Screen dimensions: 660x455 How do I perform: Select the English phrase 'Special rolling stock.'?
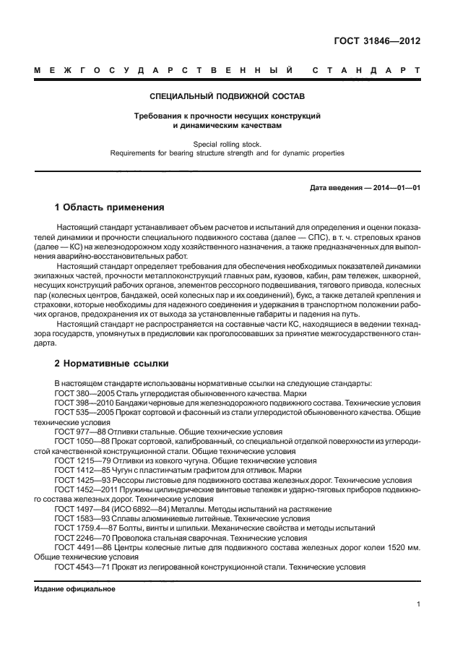tap(227, 144)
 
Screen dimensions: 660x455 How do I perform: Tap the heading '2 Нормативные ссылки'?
tap(111, 362)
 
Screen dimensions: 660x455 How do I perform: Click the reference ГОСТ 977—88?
tap(77, 432)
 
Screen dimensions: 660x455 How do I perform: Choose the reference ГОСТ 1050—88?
tap(79, 442)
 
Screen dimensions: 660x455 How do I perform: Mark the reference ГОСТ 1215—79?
tap(79, 462)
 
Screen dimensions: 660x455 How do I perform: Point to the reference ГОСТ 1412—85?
tap(79, 472)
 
